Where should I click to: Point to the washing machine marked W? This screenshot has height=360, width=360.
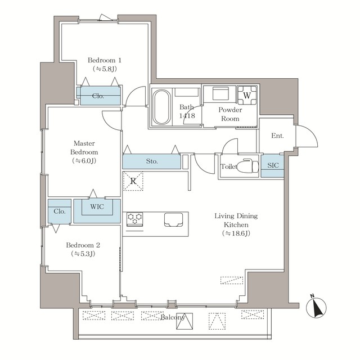coord(246,96)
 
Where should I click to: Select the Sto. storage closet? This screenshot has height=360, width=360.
coord(152,161)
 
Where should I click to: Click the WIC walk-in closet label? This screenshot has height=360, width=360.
coord(96,206)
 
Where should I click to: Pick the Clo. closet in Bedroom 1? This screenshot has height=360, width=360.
coord(98,95)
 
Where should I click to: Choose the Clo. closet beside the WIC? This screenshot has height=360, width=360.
coord(59,211)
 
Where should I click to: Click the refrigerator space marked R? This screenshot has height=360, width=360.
coord(133,181)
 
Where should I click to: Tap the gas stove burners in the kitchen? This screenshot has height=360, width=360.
coord(135,219)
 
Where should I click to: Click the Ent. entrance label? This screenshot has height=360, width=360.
coord(277,136)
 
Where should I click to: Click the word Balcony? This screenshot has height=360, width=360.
coord(172,318)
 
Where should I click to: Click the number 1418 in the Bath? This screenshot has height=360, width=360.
coord(187,116)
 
